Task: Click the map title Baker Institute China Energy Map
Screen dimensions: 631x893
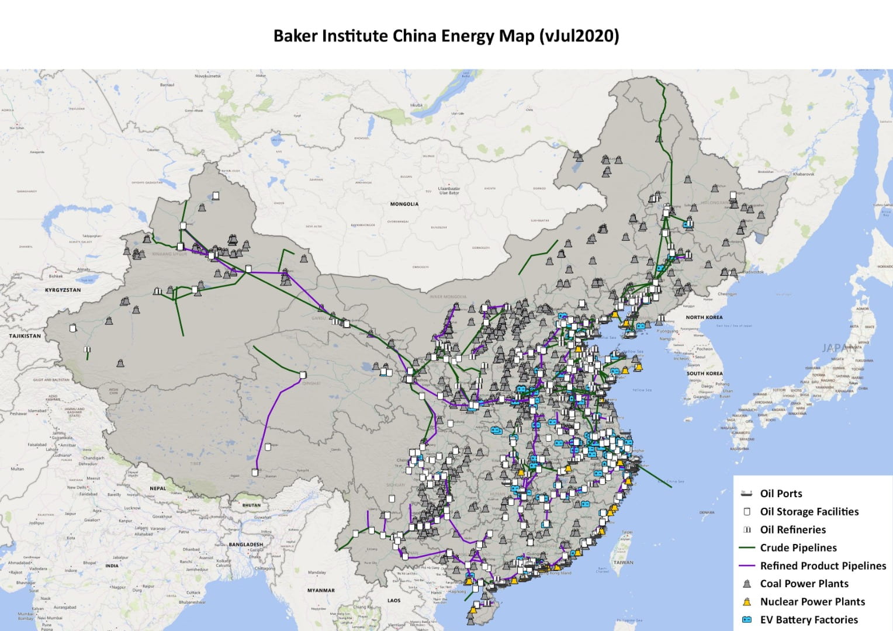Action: (x=446, y=36)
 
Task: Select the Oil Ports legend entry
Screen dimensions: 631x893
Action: (x=781, y=494)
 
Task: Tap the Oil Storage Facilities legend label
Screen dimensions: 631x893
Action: (x=809, y=512)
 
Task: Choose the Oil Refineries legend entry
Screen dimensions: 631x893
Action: (x=792, y=530)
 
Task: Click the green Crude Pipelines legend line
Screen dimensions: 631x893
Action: (x=747, y=548)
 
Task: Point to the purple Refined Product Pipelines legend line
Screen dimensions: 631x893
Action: (x=747, y=566)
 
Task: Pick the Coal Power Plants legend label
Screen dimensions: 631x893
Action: (x=804, y=584)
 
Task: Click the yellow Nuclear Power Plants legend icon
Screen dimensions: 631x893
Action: (x=747, y=602)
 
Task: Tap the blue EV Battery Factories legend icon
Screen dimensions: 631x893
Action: (x=747, y=620)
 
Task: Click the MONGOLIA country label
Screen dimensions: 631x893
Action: (x=404, y=204)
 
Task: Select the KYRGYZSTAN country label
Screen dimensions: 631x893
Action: (x=63, y=290)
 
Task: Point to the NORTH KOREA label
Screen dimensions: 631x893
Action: (x=704, y=317)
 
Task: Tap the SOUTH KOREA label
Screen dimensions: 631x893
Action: (x=704, y=373)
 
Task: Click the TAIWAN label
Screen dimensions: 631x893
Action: (x=624, y=563)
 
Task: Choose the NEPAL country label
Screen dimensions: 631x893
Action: (x=158, y=488)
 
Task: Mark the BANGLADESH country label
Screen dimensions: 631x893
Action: (x=246, y=545)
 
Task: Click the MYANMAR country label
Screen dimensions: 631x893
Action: (x=321, y=590)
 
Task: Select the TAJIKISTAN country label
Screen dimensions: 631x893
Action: (x=25, y=336)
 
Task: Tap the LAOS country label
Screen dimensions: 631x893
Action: (x=394, y=600)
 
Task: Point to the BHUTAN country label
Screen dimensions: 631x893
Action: (x=251, y=505)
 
